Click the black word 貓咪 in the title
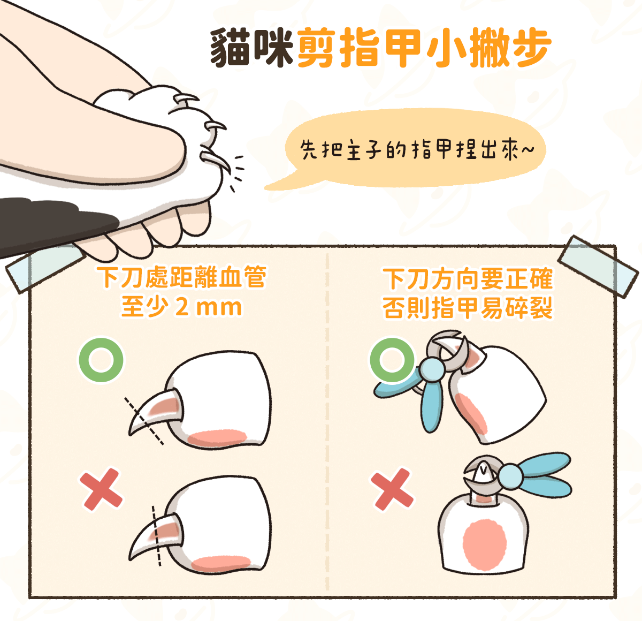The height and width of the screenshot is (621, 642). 251,48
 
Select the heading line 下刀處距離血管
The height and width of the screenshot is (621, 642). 181,277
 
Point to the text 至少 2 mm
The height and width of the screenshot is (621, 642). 181,307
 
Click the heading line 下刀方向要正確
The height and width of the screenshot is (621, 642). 468,279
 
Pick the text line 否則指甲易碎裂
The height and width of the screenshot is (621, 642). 468,308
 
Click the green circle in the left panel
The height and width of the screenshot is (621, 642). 101,359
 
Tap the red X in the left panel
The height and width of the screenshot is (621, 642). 101,489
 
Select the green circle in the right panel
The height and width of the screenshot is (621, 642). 392,359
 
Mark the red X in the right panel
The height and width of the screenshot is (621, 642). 392,489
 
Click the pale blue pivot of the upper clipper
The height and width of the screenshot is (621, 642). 431,370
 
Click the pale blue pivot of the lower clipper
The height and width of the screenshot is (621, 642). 510,476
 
